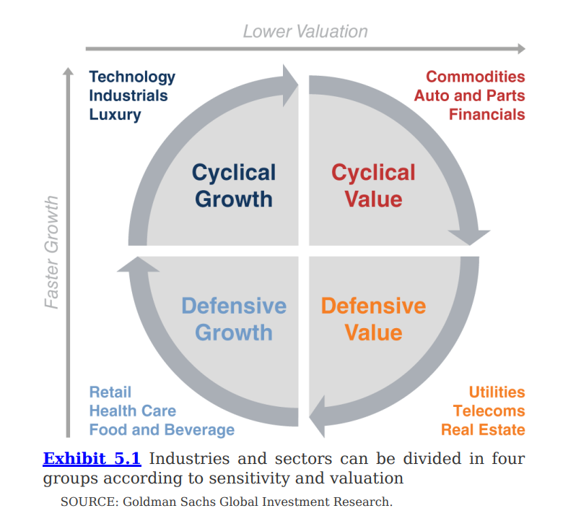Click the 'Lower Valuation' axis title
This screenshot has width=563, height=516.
coord(305,31)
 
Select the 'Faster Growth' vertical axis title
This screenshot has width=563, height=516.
coord(52,252)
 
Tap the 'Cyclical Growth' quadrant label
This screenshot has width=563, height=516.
coord(234,186)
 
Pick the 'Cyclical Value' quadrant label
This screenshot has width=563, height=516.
coord(373,186)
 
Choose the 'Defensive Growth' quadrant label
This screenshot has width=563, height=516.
coord(234,319)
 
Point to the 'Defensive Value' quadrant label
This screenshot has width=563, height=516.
coord(373,319)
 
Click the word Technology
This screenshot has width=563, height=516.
coord(132,77)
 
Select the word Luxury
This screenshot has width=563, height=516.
coord(115,114)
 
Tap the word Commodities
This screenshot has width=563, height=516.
coord(475,77)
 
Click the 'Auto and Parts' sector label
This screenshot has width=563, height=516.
coord(469,95)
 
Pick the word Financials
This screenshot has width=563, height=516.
coord(486,114)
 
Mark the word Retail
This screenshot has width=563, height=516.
coord(110,392)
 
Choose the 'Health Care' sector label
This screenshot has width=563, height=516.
coord(132,410)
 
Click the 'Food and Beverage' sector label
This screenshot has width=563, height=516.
coord(162,429)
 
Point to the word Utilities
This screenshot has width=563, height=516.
coord(497,392)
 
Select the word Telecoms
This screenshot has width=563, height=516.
coord(489,410)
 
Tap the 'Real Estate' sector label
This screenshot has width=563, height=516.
coord(483,429)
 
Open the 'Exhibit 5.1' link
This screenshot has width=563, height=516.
coord(92,458)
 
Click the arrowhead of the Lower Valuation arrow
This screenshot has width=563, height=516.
coord(520,49)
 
